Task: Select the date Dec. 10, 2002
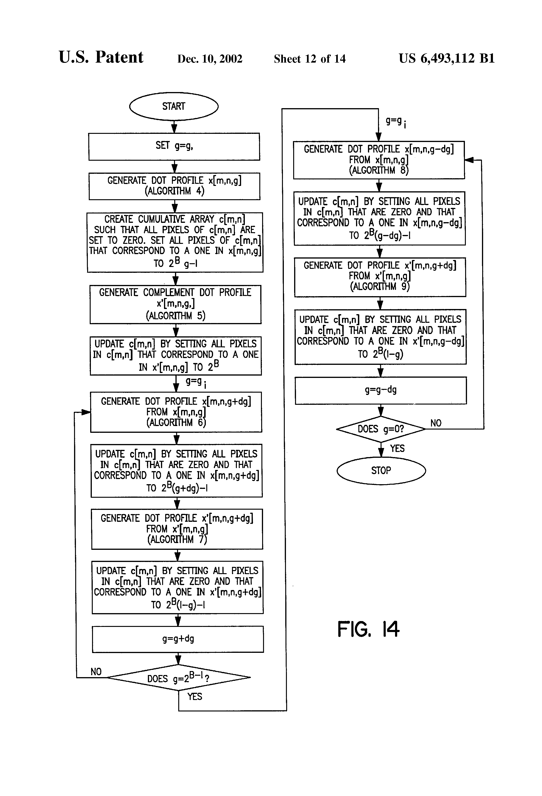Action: [x=210, y=59]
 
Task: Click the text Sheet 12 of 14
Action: [x=310, y=59]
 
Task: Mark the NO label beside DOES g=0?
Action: [x=436, y=423]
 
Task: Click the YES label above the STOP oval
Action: [x=397, y=448]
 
